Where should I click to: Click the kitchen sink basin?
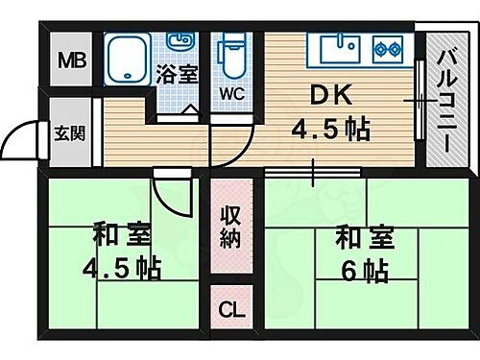338,48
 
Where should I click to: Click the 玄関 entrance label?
67,133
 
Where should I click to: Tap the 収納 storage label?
229,227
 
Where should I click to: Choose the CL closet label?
230,310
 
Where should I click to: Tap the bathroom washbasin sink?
180,40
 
